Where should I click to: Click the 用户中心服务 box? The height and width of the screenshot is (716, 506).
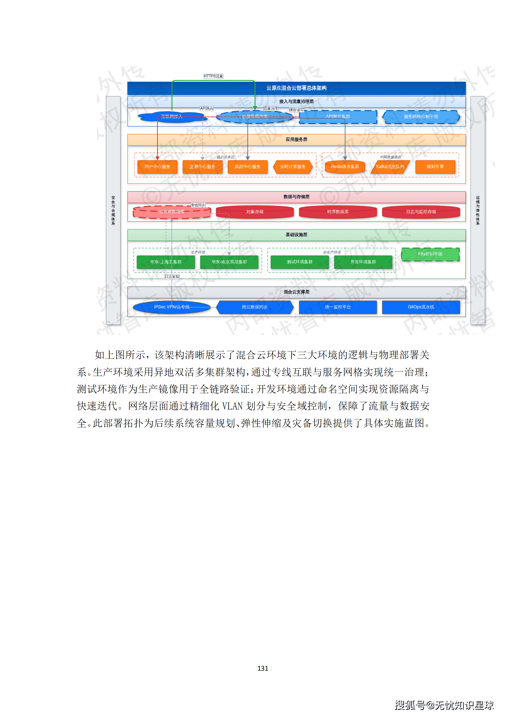point(157,167)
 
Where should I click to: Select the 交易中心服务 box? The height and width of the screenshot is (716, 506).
point(202,167)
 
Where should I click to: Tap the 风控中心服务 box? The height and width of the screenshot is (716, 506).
point(247,167)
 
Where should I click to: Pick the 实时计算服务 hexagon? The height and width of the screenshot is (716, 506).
point(292,167)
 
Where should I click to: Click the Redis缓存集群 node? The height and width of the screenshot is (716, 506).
point(345,167)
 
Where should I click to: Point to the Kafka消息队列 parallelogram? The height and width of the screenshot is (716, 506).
point(390,167)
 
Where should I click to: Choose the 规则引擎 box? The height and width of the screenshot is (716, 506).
point(435,167)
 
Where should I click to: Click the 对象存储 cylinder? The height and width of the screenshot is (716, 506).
point(254,212)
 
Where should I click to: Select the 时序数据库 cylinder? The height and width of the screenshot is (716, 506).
point(338,212)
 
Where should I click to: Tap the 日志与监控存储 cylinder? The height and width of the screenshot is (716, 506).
point(421,212)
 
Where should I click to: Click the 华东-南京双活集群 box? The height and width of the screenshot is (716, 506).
point(229,262)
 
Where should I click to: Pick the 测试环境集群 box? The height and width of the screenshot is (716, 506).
point(299,262)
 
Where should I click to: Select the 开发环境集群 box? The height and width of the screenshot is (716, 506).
point(363,262)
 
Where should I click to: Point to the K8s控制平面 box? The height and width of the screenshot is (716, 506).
point(430,254)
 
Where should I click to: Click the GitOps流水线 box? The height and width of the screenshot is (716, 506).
point(421,307)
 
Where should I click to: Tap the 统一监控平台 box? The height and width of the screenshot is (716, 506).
point(338,307)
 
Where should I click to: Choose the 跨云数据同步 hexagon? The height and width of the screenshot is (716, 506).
point(254,307)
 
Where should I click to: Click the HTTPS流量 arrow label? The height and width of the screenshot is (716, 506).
point(213,76)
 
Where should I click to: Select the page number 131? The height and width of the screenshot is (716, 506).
point(263,668)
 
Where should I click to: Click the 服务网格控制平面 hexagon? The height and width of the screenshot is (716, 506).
point(421,117)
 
